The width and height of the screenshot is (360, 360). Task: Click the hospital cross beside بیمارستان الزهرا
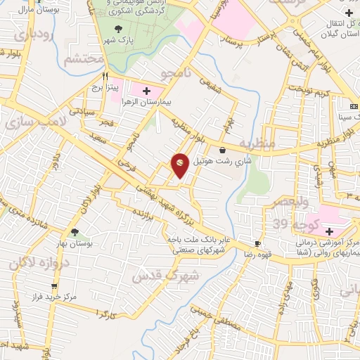click(x=146, y=91)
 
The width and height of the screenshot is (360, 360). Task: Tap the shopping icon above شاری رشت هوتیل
click(x=222, y=150)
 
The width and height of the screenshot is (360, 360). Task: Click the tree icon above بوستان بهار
click(x=75, y=233)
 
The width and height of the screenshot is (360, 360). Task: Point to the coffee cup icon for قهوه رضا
click(x=257, y=244)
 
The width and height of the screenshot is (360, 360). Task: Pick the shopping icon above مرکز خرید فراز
click(x=54, y=286)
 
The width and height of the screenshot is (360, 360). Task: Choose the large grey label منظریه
click(x=255, y=143)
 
